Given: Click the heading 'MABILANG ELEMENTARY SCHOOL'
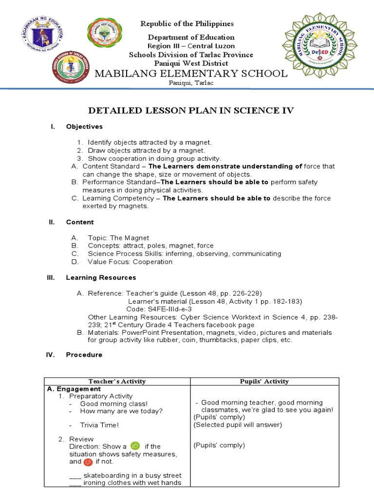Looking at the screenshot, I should click(x=191, y=74).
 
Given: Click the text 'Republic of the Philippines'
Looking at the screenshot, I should click(x=187, y=24).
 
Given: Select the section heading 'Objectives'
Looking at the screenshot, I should click(x=84, y=127).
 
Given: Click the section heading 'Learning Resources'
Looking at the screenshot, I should click(x=101, y=278).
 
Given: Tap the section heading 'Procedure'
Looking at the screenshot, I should click(x=84, y=355).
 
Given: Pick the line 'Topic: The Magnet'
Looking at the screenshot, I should click(x=118, y=238).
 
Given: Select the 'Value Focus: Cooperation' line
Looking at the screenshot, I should click(x=130, y=262).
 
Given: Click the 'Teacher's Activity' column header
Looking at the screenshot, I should click(x=116, y=381).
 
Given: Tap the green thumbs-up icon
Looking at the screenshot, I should click(x=135, y=445).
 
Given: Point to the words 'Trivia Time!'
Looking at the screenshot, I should click(x=99, y=424).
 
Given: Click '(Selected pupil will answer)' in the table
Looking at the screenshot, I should click(x=231, y=424).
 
